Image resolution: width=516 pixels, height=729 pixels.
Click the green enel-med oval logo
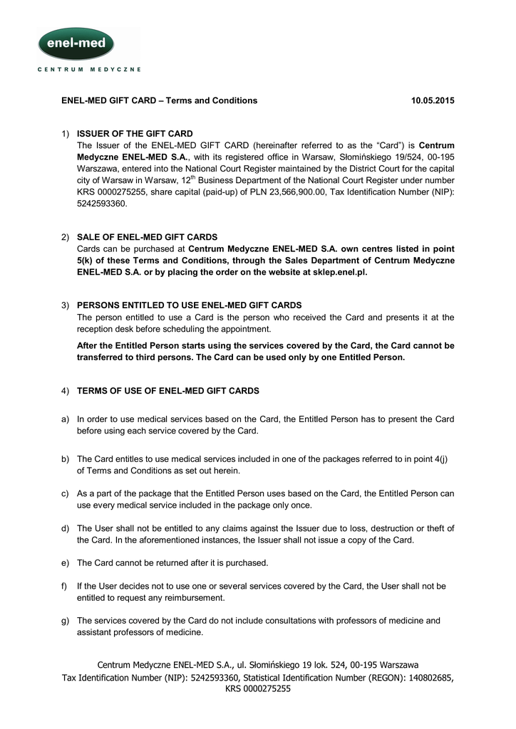click(x=76, y=43)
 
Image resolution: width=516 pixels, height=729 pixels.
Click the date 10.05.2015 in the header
click(x=433, y=100)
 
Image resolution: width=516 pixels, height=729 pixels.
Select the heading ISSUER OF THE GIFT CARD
click(x=135, y=133)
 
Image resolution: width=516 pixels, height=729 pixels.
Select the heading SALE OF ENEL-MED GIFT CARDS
click(x=147, y=236)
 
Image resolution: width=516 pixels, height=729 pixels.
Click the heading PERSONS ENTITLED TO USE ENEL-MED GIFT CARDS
click(x=189, y=305)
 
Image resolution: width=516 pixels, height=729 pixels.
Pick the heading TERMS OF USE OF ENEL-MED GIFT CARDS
click(x=167, y=391)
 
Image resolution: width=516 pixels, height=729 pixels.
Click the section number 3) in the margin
click(x=65, y=305)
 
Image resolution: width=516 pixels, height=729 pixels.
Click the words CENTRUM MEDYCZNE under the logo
click(x=89, y=70)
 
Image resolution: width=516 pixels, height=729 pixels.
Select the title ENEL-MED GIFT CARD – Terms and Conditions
click(x=159, y=100)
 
